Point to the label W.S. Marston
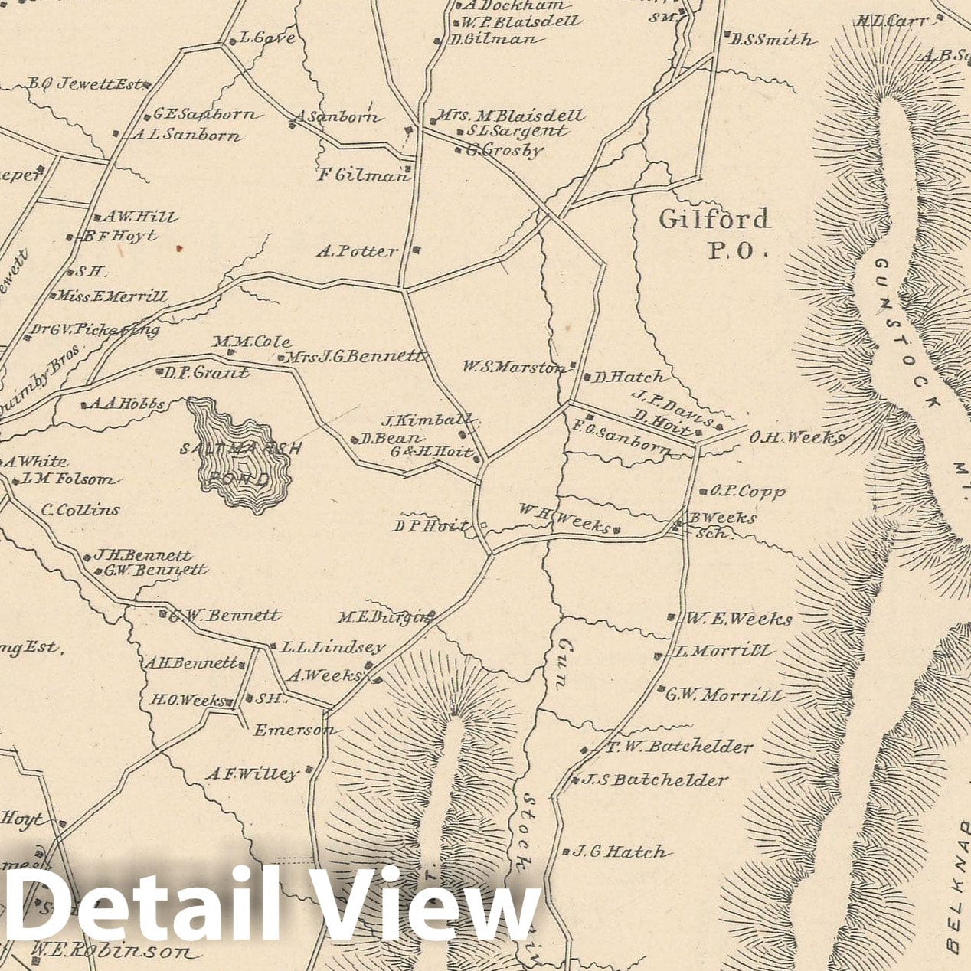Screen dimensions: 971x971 click(x=513, y=368)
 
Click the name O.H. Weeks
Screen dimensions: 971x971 click(x=796, y=437)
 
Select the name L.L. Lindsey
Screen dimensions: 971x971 click(x=332, y=647)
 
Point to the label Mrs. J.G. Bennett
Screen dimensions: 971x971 click(x=355, y=356)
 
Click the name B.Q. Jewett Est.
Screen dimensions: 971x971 click(x=85, y=84)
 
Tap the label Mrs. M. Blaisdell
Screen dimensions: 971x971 click(x=509, y=116)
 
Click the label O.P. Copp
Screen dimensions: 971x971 click(x=748, y=492)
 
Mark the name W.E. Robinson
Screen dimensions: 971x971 click(x=111, y=952)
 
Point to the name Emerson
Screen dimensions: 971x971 click(x=294, y=730)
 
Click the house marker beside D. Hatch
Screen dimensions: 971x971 click(x=587, y=377)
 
